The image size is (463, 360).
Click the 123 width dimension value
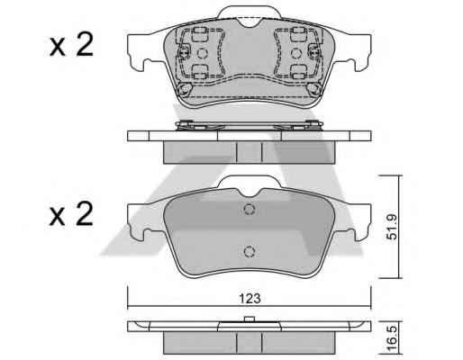(250, 299)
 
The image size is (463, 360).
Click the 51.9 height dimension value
(391, 227)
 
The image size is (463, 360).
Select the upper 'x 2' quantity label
(71, 45)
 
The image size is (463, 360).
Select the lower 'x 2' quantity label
(71, 213)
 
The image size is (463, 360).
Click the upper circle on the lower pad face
(250, 209)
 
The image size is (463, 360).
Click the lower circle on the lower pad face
(250, 251)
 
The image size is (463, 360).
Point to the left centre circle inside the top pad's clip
(202, 53)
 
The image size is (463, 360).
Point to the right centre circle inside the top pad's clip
(296, 53)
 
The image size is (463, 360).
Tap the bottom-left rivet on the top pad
(185, 89)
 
